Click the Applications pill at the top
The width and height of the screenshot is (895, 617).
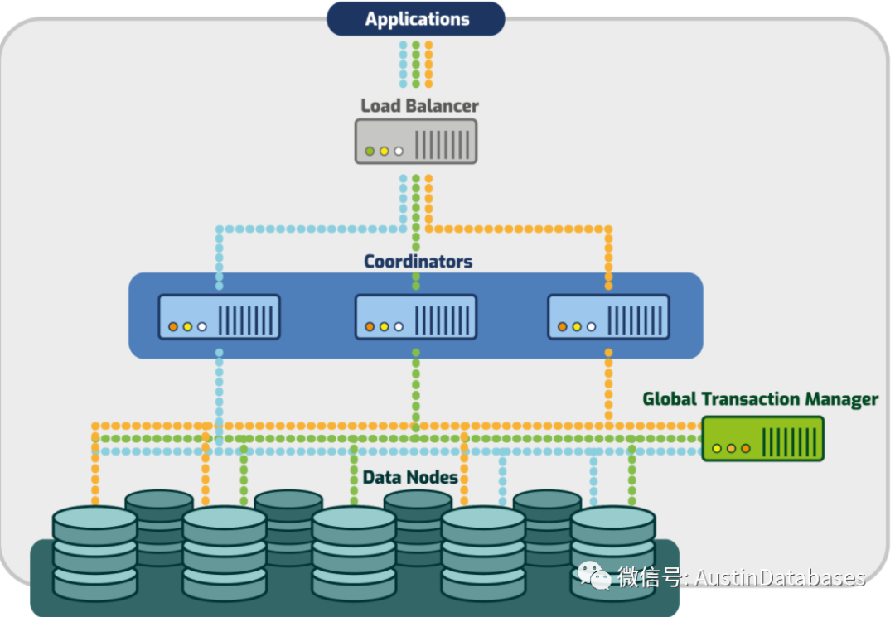[415, 19]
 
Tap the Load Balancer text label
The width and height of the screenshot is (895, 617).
[419, 105]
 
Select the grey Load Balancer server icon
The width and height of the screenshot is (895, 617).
[416, 142]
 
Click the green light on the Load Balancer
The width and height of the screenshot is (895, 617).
[370, 151]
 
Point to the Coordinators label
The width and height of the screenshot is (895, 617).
[418, 261]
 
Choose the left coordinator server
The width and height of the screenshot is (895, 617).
[219, 317]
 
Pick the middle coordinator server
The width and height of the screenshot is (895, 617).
[416, 317]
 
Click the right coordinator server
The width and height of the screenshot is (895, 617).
[608, 317]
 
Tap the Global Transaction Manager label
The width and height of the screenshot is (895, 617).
[760, 399]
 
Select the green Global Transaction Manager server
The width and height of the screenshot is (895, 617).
[763, 438]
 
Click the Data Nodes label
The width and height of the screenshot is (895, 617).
[410, 477]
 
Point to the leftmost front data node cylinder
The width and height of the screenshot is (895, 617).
[94, 554]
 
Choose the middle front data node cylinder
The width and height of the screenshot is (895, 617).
[354, 554]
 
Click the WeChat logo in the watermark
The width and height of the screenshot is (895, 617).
[594, 576]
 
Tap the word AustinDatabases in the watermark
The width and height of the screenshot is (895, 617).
[780, 577]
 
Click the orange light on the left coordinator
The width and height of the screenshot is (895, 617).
[173, 327]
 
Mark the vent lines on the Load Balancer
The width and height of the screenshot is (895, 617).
[443, 145]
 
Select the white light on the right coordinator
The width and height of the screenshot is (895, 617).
[592, 327]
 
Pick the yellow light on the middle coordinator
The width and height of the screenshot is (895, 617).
[385, 327]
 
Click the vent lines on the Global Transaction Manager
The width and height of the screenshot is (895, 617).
[790, 442]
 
